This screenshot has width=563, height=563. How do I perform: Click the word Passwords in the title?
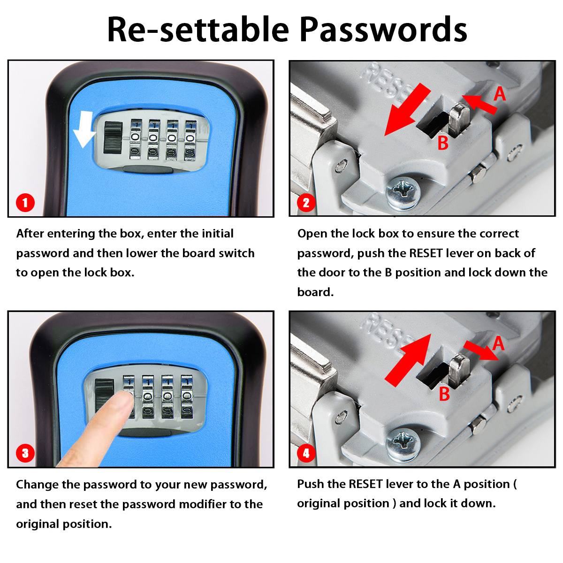click(x=383, y=29)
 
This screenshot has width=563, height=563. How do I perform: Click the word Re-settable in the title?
click(x=198, y=29)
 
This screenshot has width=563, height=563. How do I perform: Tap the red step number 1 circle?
click(x=25, y=203)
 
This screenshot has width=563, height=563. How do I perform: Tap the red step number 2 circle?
click(x=306, y=203)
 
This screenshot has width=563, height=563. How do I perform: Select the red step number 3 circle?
click(x=25, y=453)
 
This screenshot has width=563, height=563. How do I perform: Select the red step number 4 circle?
click(x=306, y=453)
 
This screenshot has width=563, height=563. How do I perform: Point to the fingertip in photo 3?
click(x=123, y=399)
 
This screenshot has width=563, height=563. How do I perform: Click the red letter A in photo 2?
click(x=500, y=94)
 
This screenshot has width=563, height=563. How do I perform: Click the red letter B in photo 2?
click(x=443, y=143)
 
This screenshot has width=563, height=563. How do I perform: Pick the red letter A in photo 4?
click(x=498, y=344)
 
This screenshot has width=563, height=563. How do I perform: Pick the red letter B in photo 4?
click(x=444, y=394)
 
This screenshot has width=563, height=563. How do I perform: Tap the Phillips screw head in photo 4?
click(x=403, y=442)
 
